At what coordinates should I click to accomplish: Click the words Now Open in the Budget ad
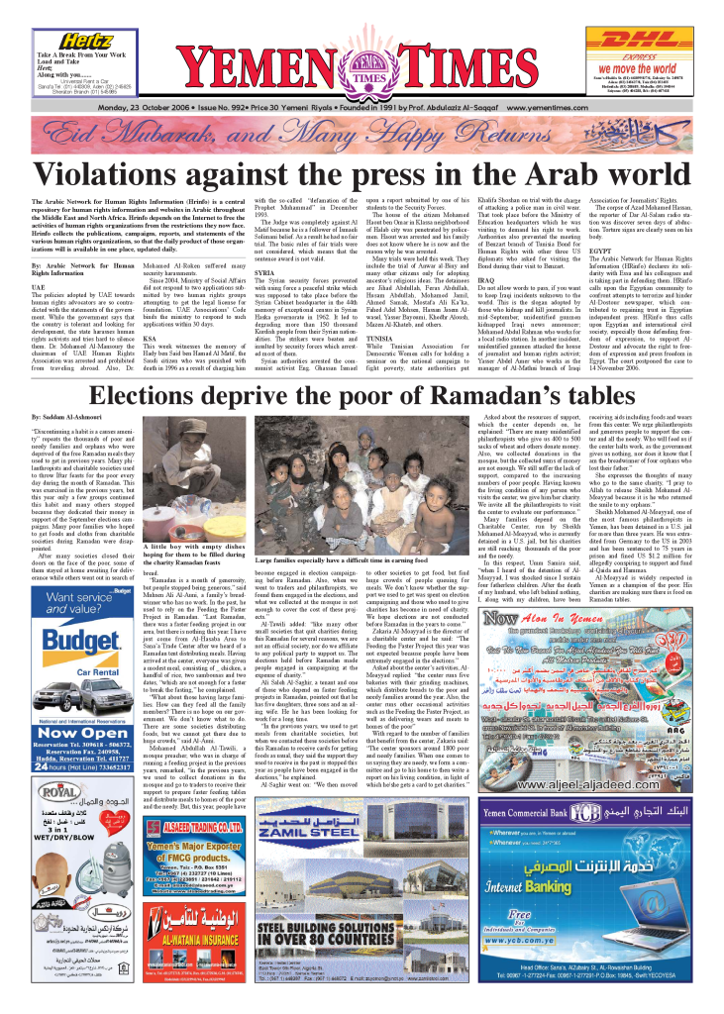(72, 684)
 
